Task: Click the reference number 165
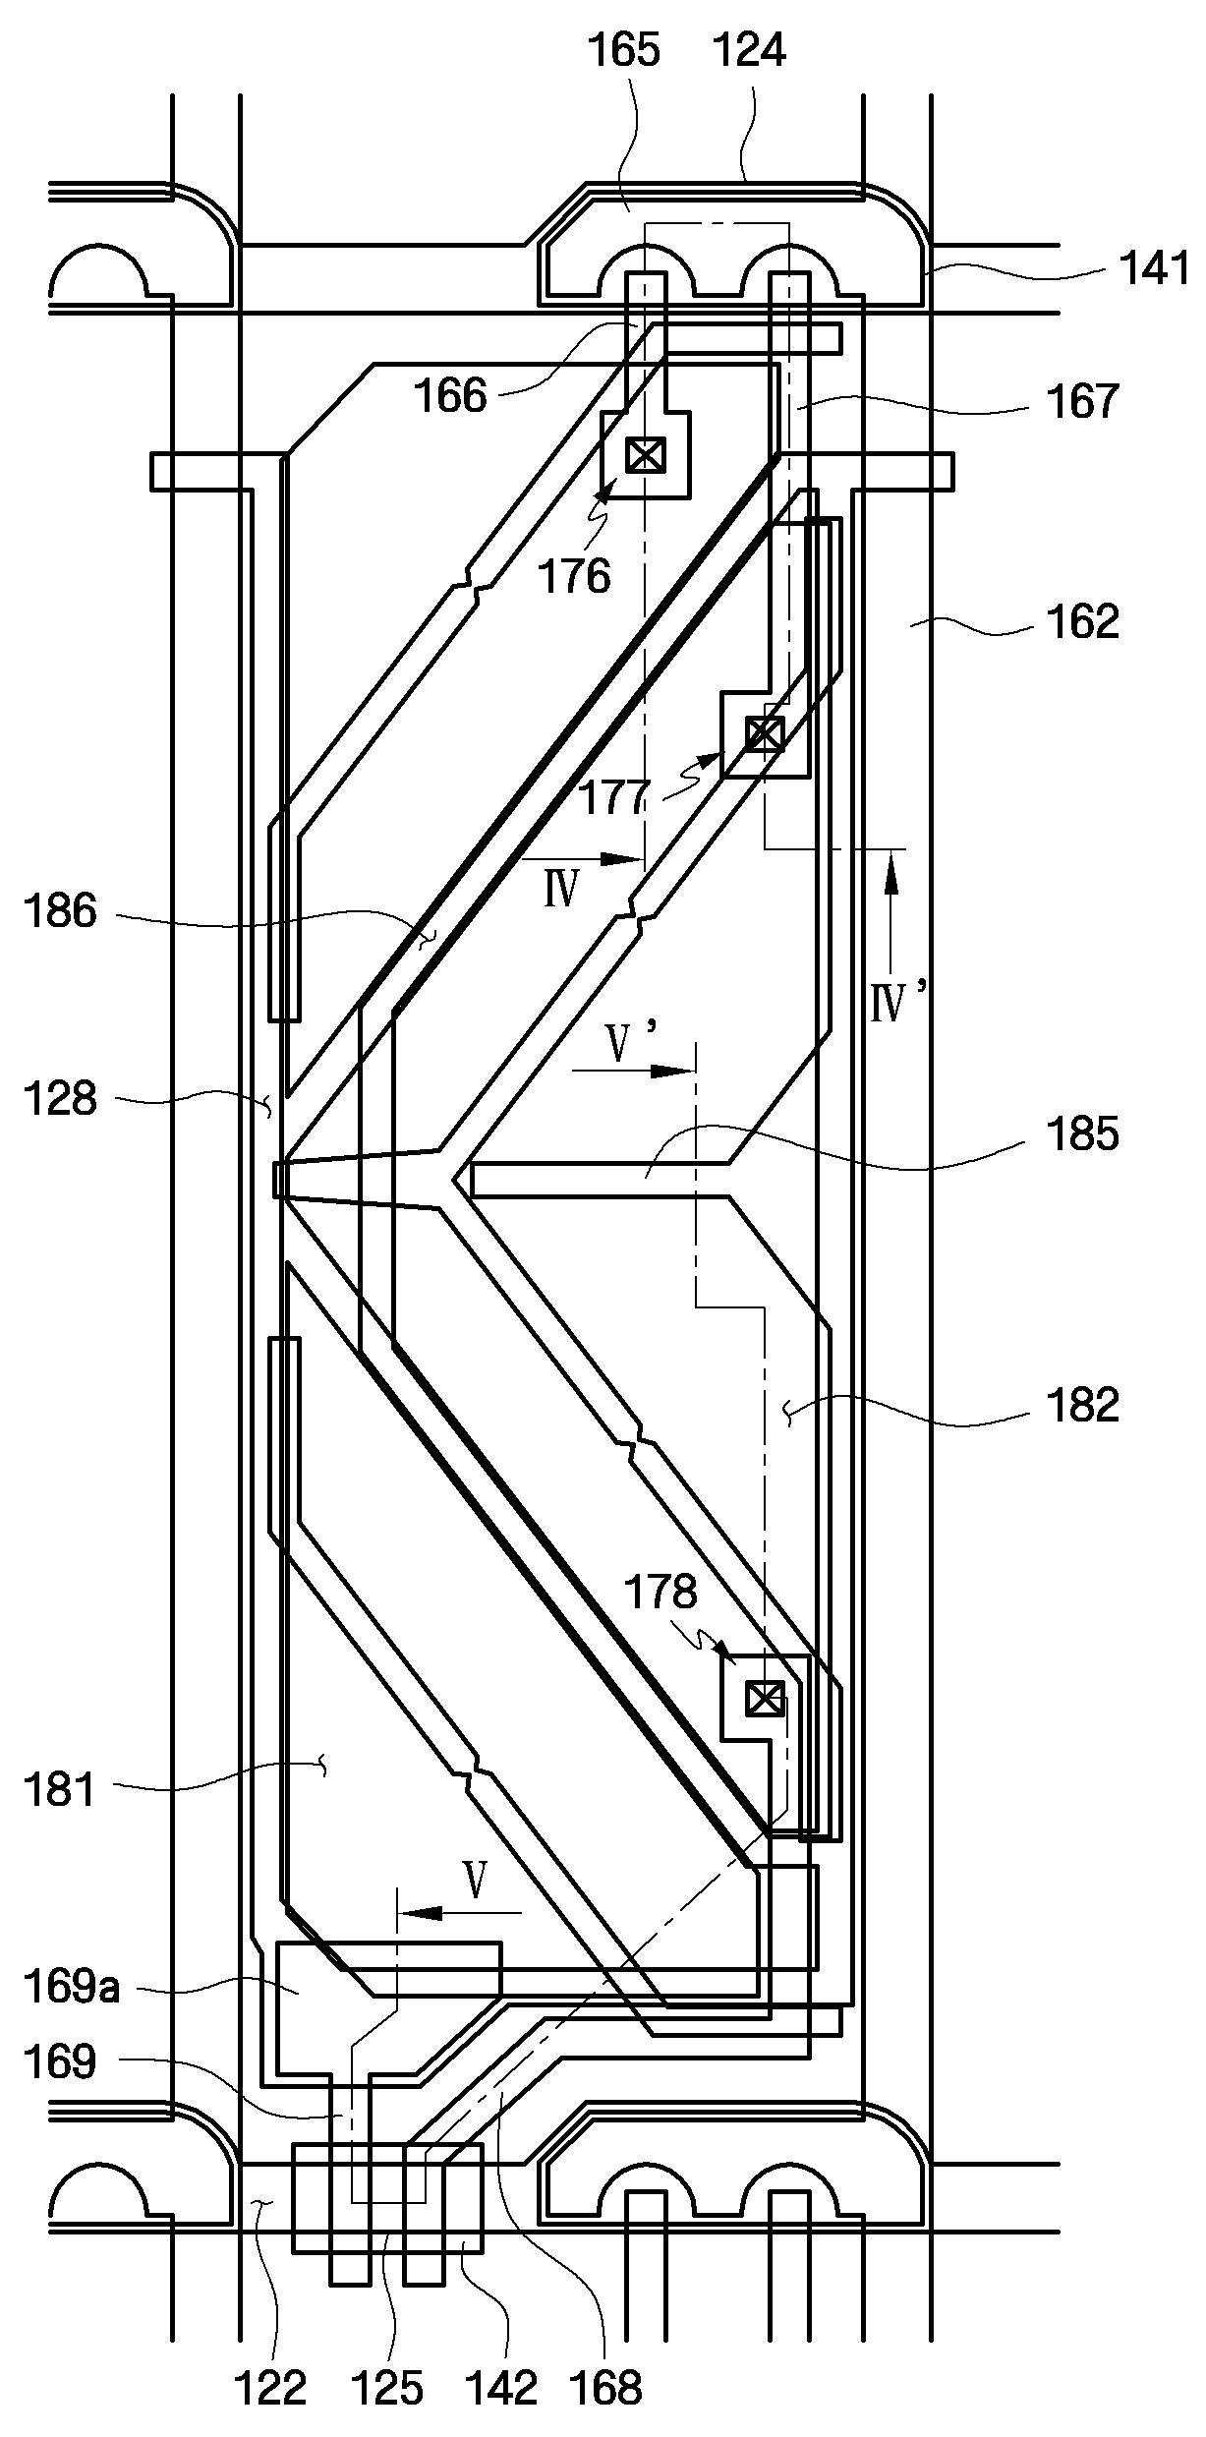tap(624, 49)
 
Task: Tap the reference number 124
tap(750, 49)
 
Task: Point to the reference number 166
tap(450, 396)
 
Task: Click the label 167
tap(1083, 402)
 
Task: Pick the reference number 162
tap(1083, 622)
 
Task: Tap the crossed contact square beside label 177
tap(765, 733)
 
